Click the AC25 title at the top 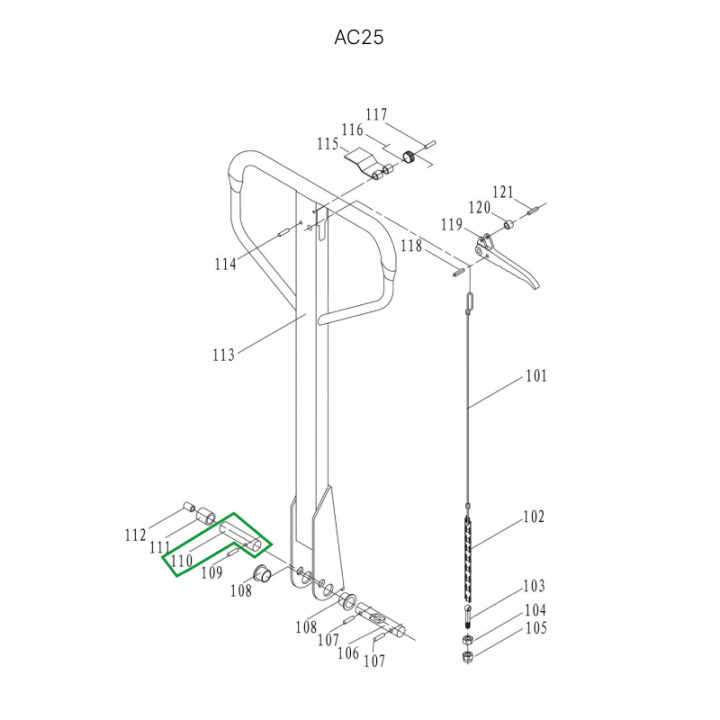coord(359,37)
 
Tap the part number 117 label coord(376,114)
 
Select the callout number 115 coord(328,144)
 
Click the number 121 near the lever coord(503,192)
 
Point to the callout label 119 coord(452,225)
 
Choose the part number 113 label coord(224,354)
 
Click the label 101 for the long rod coord(536,376)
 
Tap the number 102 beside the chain coord(534,517)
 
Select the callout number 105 coord(536,628)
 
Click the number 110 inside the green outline coord(182,560)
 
